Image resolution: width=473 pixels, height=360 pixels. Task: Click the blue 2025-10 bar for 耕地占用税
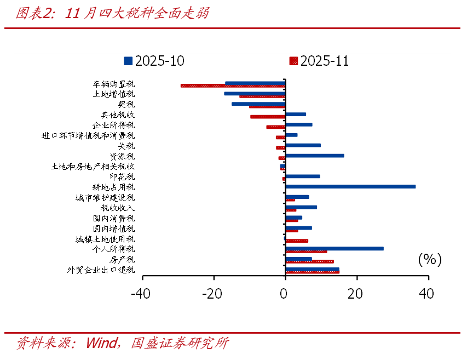coord(350,186)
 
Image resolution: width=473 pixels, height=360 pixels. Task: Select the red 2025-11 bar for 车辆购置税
coord(233,85)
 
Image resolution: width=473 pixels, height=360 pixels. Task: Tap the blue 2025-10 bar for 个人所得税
coord(334,248)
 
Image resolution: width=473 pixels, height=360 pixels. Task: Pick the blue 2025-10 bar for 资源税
coord(315,156)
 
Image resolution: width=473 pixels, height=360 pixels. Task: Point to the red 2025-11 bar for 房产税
coord(309,261)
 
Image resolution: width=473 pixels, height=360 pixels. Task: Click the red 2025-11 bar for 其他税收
coord(268,117)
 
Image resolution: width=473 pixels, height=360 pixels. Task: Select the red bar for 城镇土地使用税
coord(297,241)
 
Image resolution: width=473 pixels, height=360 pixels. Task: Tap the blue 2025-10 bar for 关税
coord(303,145)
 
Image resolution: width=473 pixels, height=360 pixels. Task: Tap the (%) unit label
coord(429,259)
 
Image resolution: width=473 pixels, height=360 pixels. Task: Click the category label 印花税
coord(122,177)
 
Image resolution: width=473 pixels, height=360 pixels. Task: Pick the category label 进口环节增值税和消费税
coord(88,135)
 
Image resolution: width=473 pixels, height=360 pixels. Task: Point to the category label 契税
coord(126,104)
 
